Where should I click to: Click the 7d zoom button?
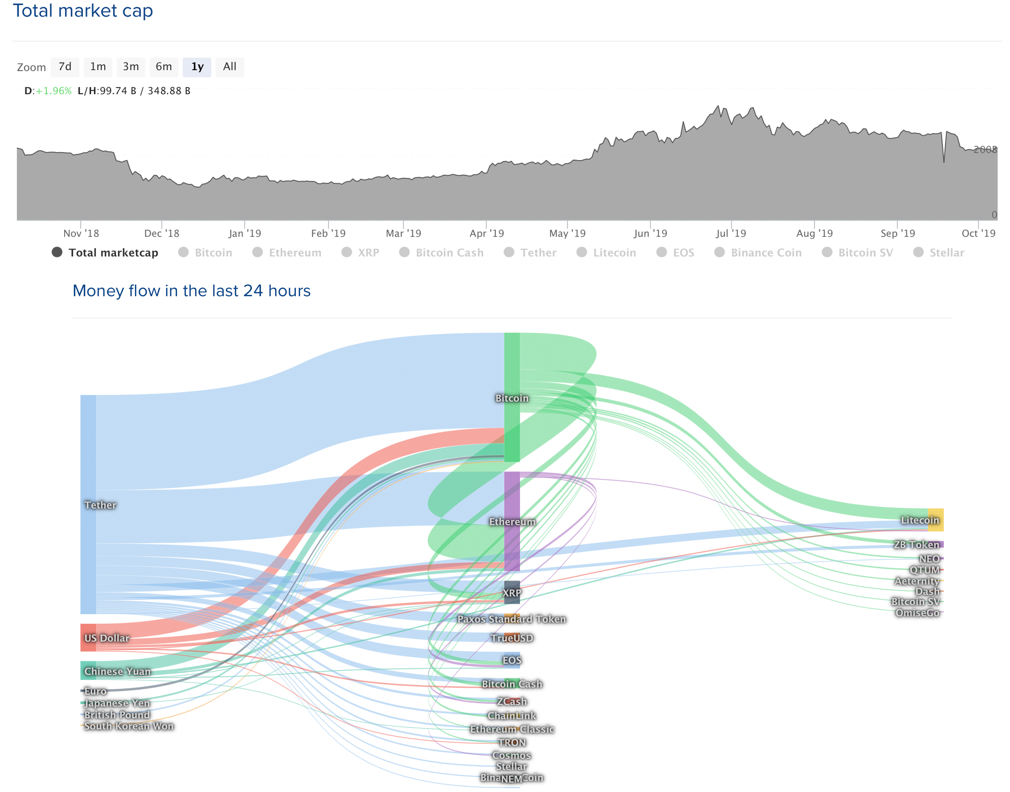pos(65,67)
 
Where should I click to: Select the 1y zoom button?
pos(197,67)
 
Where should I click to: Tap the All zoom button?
pos(230,67)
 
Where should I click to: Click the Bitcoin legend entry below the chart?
pos(213,252)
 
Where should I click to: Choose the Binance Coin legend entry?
pos(765,252)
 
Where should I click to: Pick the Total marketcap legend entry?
pos(113,252)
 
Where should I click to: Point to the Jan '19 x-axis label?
pos(244,233)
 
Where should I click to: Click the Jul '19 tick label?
pos(731,233)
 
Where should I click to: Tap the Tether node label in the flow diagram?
pos(100,505)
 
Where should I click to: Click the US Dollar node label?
pos(107,638)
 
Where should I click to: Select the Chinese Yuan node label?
pos(117,672)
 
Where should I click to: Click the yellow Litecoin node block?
pos(936,520)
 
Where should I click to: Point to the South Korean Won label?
pos(129,726)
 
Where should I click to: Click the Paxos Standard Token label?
pos(511,619)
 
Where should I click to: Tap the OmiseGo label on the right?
pos(917,613)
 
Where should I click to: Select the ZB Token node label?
pos(916,544)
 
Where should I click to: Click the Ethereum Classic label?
pos(511,729)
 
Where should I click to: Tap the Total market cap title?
pos(82,11)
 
